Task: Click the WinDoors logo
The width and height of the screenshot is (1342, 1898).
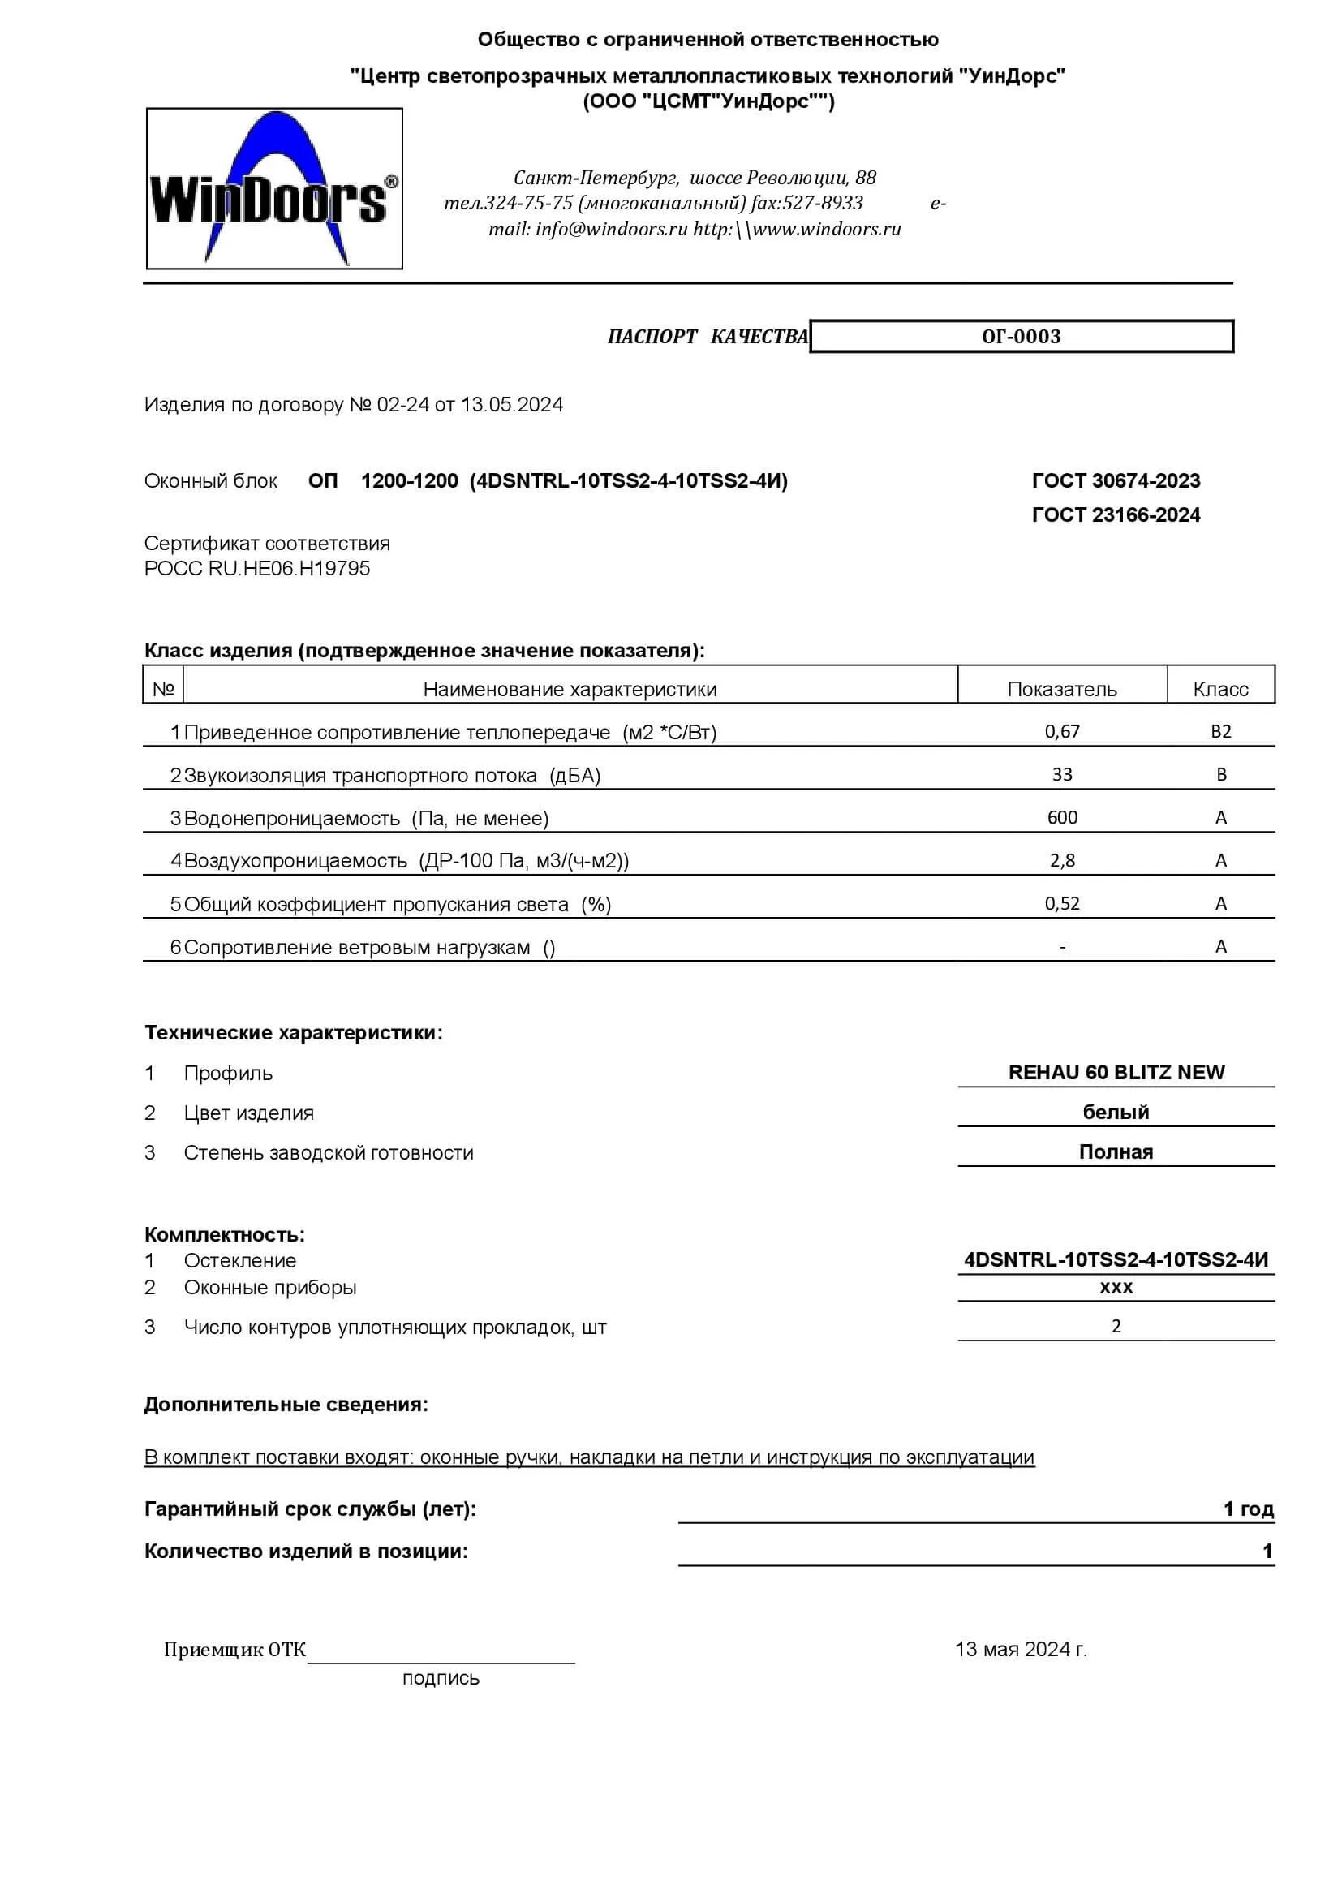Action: pyautogui.click(x=273, y=189)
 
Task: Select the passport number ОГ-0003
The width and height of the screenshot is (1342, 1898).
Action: pyautogui.click(x=1021, y=337)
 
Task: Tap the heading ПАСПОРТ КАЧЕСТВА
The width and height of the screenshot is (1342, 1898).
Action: pyautogui.click(x=708, y=337)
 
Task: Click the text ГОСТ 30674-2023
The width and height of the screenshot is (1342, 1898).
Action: pyautogui.click(x=1116, y=481)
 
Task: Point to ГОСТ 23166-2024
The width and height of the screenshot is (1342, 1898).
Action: pyautogui.click(x=1116, y=515)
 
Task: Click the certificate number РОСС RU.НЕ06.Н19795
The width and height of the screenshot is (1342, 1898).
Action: pyautogui.click(x=257, y=569)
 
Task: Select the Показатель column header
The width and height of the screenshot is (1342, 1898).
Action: pyautogui.click(x=1062, y=690)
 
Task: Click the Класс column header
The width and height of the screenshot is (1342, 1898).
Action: pyautogui.click(x=1220, y=690)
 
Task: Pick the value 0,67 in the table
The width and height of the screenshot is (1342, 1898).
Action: pyautogui.click(x=1062, y=732)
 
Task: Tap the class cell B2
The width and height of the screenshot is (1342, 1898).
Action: pyautogui.click(x=1220, y=732)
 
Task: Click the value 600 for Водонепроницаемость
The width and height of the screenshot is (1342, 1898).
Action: pyautogui.click(x=1062, y=818)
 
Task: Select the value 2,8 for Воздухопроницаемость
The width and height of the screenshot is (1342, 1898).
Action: pyautogui.click(x=1062, y=860)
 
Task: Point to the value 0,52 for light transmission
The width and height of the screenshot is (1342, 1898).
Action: pyautogui.click(x=1062, y=903)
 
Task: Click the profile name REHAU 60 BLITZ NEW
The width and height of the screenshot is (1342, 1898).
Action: pyautogui.click(x=1116, y=1072)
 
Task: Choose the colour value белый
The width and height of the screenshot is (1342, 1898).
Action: pyautogui.click(x=1116, y=1112)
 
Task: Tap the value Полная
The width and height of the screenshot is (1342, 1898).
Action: pyautogui.click(x=1116, y=1151)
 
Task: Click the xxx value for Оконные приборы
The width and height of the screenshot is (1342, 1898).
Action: pyautogui.click(x=1116, y=1287)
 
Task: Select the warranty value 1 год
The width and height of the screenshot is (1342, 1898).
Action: pyautogui.click(x=1248, y=1509)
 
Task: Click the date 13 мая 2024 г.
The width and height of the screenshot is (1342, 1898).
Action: pyautogui.click(x=1021, y=1649)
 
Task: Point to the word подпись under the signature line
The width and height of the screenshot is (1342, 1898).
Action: pyautogui.click(x=441, y=1678)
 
